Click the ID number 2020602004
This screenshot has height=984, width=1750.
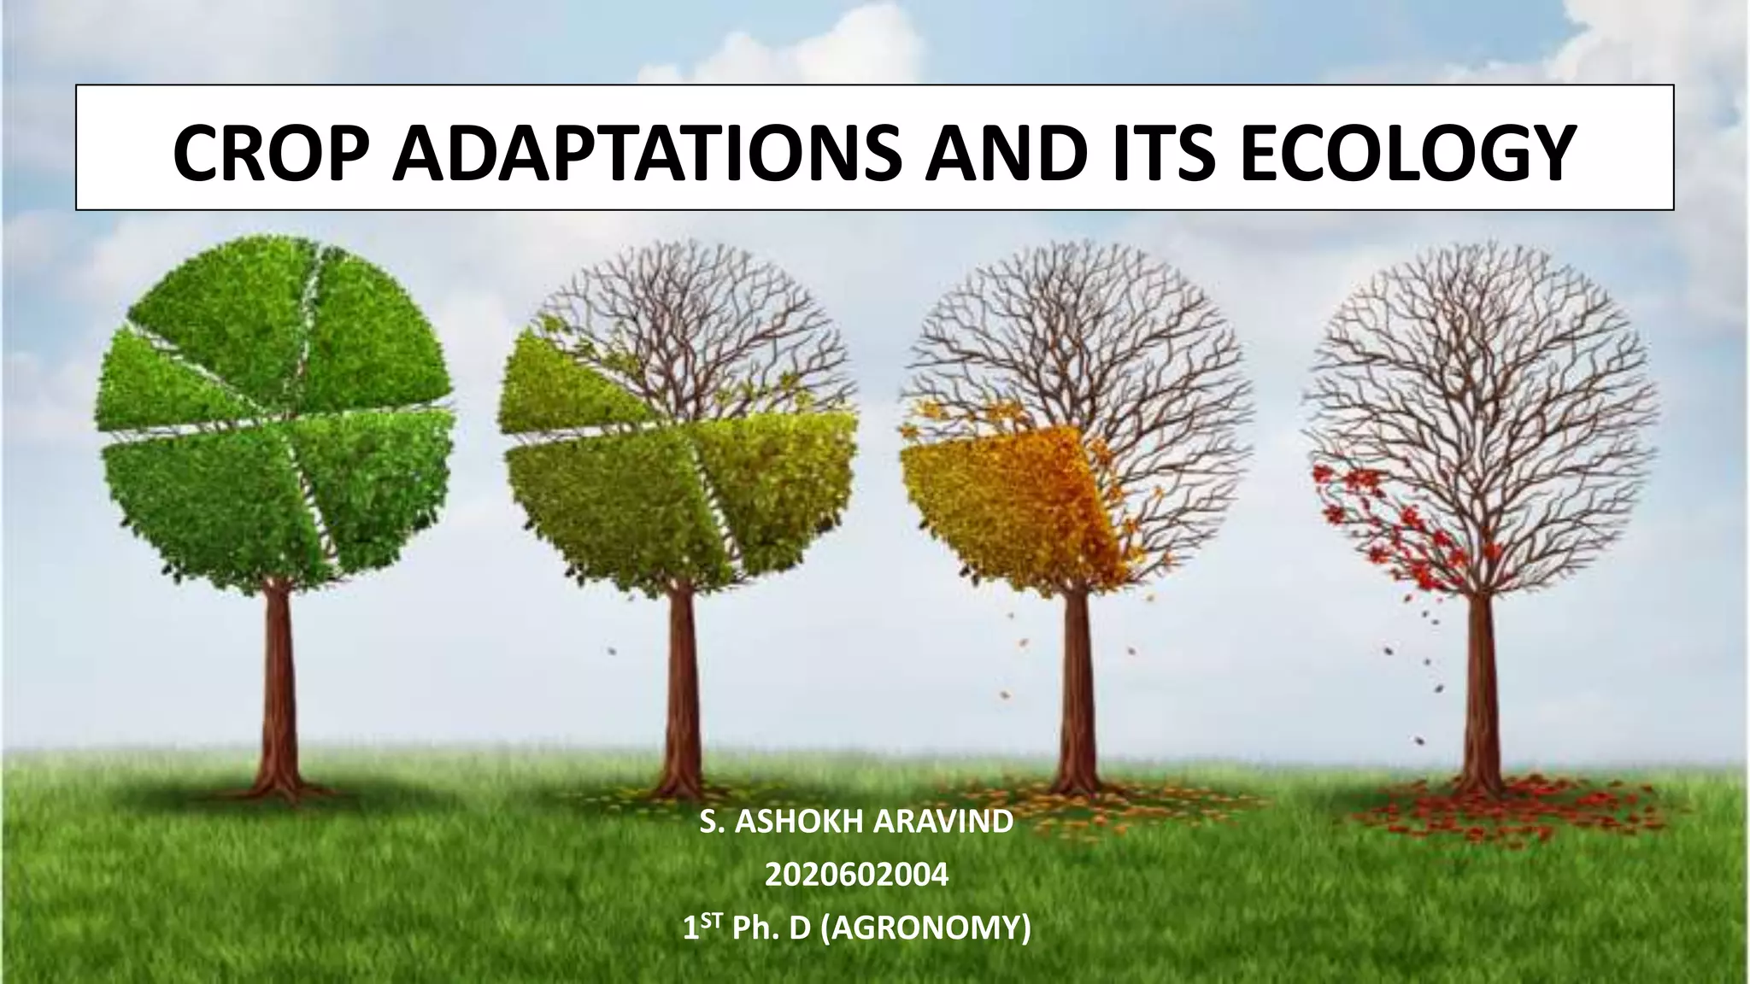tap(856, 876)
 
